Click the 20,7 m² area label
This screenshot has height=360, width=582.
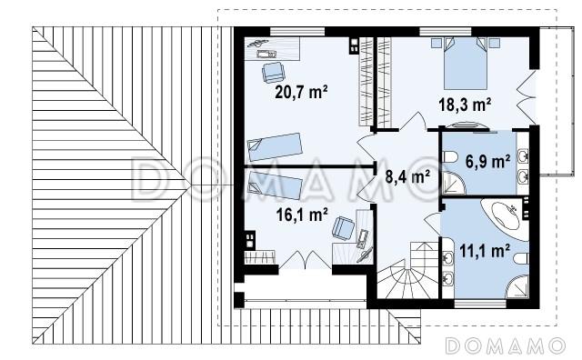(x=301, y=92)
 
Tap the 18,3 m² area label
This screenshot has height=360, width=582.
(x=465, y=105)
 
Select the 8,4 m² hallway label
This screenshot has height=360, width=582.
(x=407, y=176)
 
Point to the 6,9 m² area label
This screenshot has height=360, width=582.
(x=487, y=162)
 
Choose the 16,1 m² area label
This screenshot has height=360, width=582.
(x=302, y=215)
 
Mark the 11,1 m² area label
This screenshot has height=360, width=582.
(x=485, y=251)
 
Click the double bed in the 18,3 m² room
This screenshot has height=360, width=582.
(x=465, y=63)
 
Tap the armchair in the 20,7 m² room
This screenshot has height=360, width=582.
(x=273, y=72)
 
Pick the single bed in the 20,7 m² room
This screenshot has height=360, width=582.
(x=275, y=147)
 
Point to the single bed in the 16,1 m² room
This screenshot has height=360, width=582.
(x=275, y=185)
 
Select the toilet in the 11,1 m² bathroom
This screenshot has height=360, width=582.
(x=521, y=258)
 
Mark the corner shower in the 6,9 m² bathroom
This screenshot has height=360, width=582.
(x=454, y=184)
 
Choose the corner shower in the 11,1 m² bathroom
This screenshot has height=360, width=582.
(x=517, y=286)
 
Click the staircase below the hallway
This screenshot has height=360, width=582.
(x=408, y=270)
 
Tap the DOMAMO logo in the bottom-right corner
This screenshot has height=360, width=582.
(x=505, y=345)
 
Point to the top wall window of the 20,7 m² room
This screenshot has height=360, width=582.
(x=297, y=32)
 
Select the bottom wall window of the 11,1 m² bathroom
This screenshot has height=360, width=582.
(x=480, y=304)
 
